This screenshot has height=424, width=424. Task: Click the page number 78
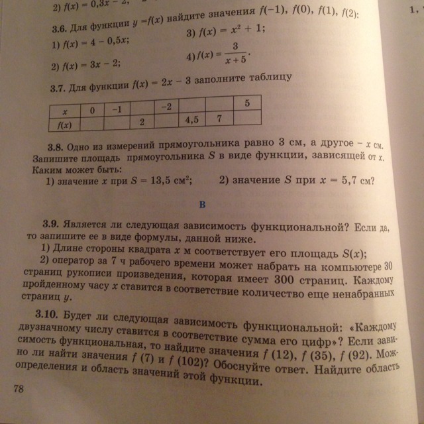(18, 390)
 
